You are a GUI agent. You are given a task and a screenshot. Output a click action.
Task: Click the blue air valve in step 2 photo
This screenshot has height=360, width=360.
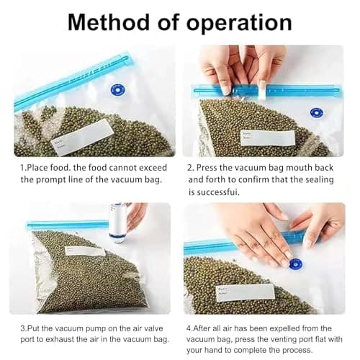pyautogui.click(x=315, y=113)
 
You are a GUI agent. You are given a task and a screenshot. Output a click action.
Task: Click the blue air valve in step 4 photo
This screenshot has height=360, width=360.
pyautogui.click(x=294, y=264)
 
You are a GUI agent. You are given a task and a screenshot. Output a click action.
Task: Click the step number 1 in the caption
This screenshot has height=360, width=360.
pyautogui.click(x=22, y=166)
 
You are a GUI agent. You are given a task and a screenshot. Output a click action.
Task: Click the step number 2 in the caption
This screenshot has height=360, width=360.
pyautogui.click(x=190, y=166)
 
